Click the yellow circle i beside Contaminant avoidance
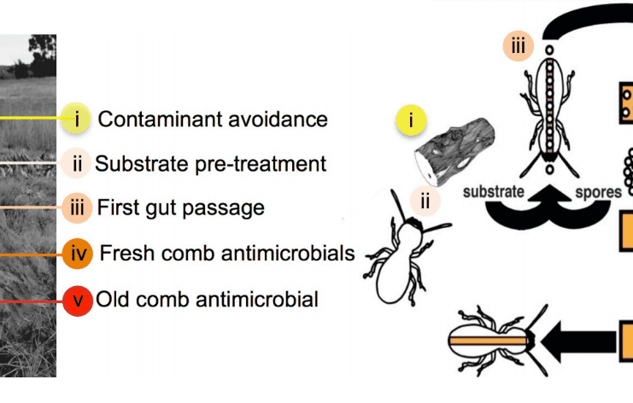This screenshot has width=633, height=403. click(77, 119)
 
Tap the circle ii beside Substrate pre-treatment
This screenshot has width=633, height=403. click(76, 162)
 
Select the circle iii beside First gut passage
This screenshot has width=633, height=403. click(77, 207)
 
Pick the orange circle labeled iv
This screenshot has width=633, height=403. click(77, 254)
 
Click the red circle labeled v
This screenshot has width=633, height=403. click(77, 300)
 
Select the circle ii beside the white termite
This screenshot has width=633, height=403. click(425, 201)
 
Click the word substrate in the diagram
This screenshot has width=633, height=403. click(493, 191)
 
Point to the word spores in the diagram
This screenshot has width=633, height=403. click(597, 191)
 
